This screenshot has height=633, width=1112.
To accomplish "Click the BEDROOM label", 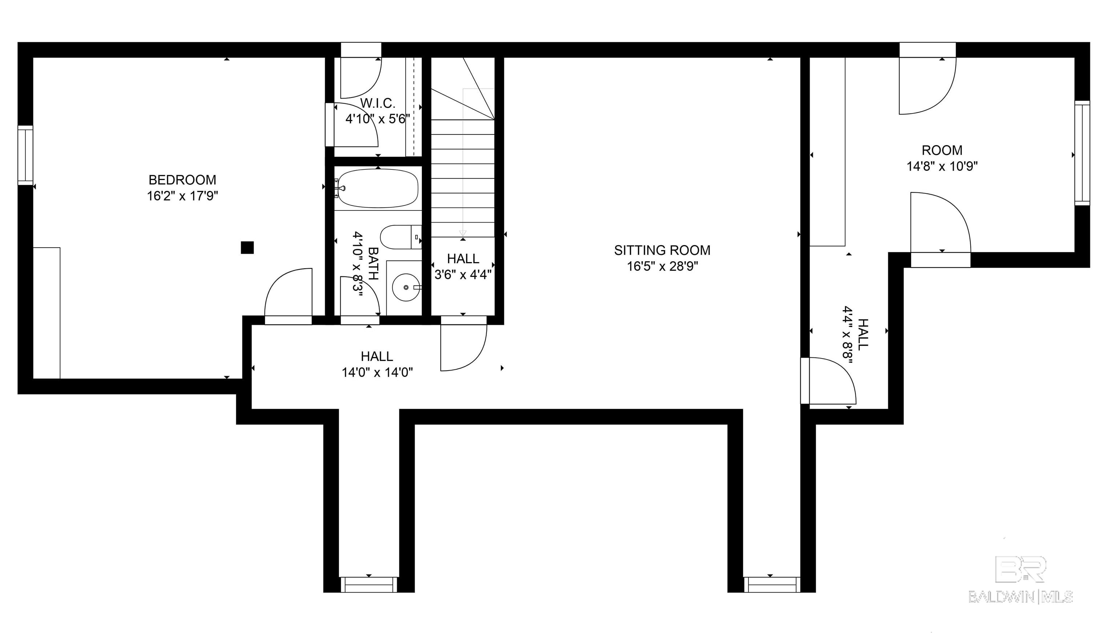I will coord(182,180).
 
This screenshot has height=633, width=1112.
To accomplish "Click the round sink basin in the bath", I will coord(406,287).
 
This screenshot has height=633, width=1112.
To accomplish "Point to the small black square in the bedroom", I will coord(247,247).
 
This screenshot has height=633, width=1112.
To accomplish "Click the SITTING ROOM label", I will coord(662,250).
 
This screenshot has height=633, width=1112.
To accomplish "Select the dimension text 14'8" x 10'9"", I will coord(942,166).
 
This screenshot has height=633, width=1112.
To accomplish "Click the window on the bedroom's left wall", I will coord(25,155).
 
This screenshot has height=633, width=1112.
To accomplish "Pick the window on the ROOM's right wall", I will coord(1082,153).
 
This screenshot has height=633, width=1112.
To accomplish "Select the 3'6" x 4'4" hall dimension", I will coord(463,275).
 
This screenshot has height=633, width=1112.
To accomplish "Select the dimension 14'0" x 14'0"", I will coord(377,373).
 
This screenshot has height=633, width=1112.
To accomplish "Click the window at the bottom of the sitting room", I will coord(771,584).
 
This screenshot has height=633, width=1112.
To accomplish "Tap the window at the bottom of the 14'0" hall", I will coord(368,584).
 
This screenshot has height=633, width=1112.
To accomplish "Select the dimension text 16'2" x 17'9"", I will coord(182,196).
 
